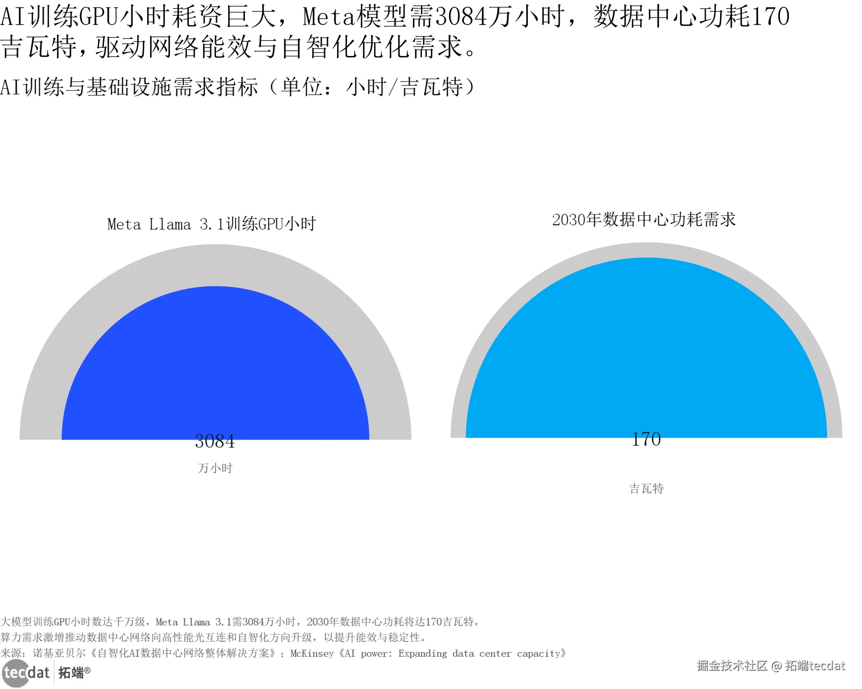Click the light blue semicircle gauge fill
point(646,351)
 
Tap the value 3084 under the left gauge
point(215,441)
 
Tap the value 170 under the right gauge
point(646,440)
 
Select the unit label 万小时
point(215,469)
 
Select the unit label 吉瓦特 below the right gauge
point(646,489)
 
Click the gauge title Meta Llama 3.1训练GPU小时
point(211,224)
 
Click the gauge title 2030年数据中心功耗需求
point(644,220)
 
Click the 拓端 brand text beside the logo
point(71,673)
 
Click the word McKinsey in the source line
point(312,654)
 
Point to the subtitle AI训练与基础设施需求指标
point(129,87)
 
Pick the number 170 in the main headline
point(770,17)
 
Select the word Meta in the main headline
point(328,17)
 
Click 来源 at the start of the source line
point(11,654)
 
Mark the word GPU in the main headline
point(99,17)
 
